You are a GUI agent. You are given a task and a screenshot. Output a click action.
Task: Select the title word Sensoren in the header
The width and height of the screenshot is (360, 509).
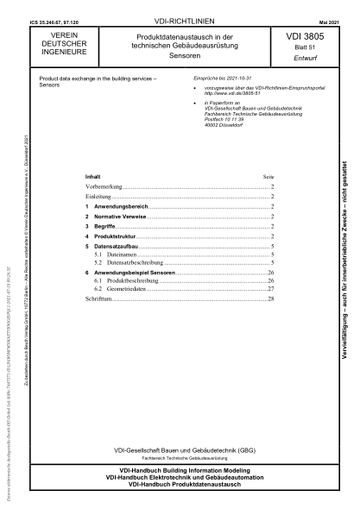click(177, 54)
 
